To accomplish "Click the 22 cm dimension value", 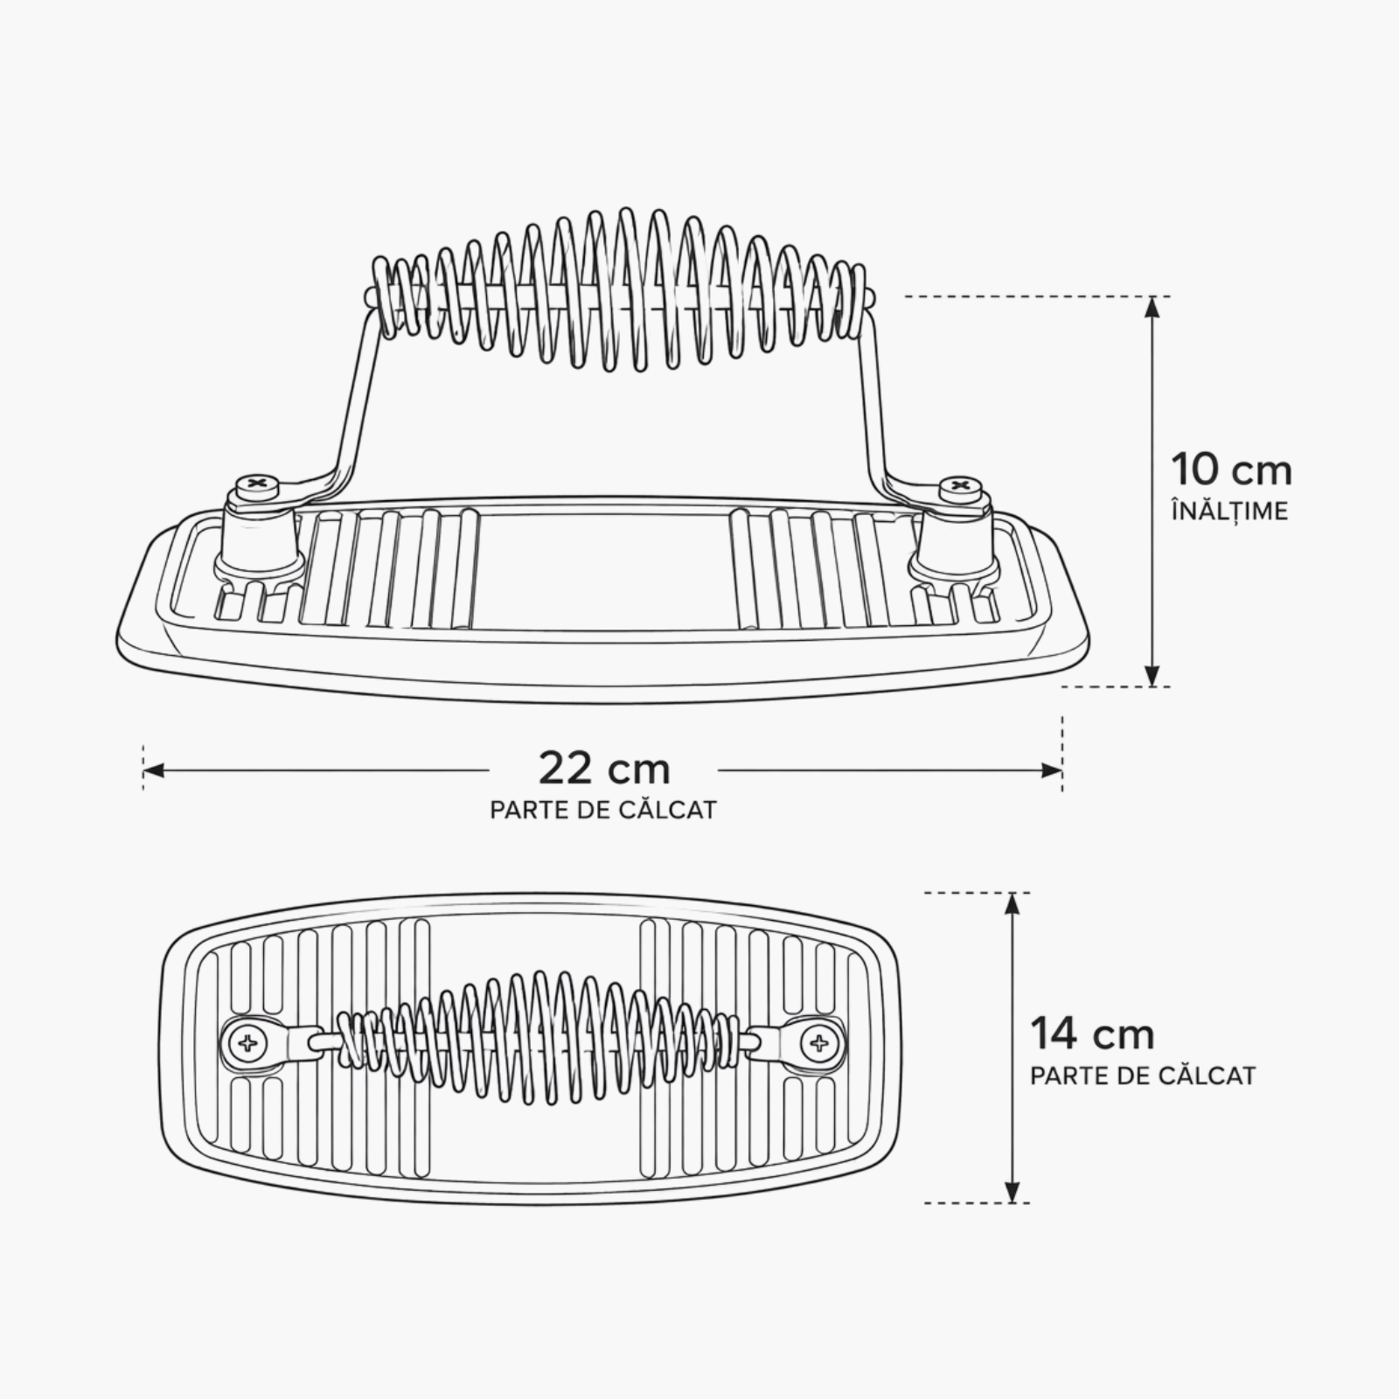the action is (x=604, y=769).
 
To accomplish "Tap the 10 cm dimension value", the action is (x=1231, y=470).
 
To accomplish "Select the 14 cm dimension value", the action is (x=1092, y=1034).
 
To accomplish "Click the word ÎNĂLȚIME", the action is (x=1230, y=510).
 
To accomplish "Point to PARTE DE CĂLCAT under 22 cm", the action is (x=603, y=810).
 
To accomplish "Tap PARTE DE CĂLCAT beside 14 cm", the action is (x=1143, y=1075).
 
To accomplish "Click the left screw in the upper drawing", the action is (x=258, y=483).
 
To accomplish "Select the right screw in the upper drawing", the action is (x=960, y=485).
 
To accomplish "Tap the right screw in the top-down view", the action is (x=819, y=1042).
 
